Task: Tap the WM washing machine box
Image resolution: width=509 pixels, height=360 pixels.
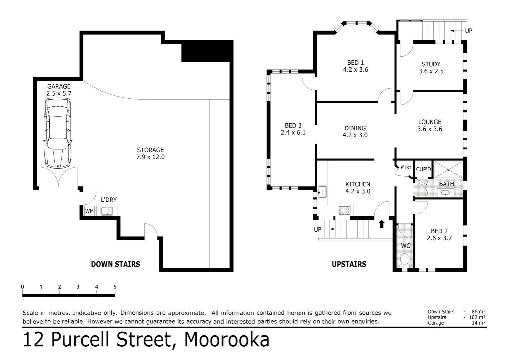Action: pos(89,211)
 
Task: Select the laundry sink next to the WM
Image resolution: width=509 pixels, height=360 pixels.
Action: pos(107,211)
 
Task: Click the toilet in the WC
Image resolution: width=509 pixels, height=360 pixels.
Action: pos(405,259)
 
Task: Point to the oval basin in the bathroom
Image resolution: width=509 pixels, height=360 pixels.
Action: pos(446,192)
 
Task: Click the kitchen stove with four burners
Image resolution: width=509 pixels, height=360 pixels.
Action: pos(344,210)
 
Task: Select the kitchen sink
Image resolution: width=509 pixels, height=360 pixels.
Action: pos(322,191)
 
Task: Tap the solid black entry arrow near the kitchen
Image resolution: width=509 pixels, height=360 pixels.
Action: pos(382,224)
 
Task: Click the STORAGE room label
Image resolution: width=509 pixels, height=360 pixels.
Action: pos(150,150)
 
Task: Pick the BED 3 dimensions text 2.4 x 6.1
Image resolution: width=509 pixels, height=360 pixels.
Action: pos(293,132)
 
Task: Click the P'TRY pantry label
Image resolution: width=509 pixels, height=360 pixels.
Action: pos(406,167)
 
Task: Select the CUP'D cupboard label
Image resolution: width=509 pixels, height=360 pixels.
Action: pos(423,169)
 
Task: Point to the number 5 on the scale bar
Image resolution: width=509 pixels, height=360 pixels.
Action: pos(115,287)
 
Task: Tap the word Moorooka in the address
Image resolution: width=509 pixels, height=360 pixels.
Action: pos(227,340)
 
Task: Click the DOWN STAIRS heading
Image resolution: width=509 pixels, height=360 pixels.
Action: pos(115,264)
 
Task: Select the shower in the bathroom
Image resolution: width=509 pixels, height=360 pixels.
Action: pos(448,170)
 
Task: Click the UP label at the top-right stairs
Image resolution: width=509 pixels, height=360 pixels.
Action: pos(468,31)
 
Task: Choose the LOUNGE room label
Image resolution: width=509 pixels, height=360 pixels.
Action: pos(430,122)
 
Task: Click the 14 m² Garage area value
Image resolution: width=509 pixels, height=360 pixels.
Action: pos(479,323)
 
